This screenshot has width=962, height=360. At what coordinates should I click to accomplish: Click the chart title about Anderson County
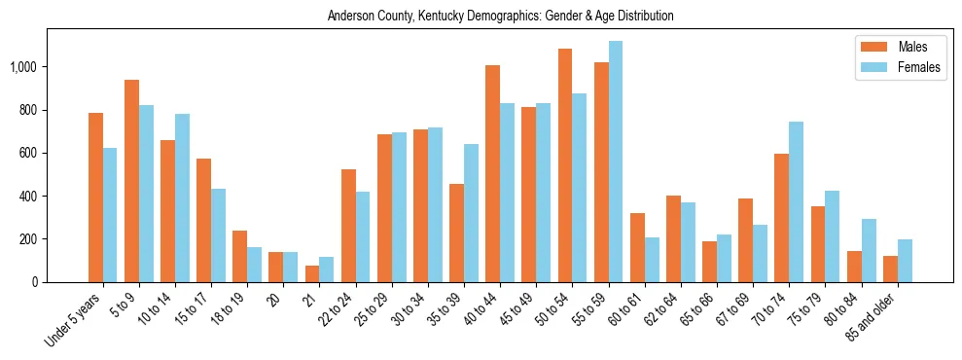(x=500, y=16)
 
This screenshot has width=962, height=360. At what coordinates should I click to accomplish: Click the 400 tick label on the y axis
(x=31, y=196)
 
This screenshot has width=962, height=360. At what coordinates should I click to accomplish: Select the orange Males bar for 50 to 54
(x=565, y=165)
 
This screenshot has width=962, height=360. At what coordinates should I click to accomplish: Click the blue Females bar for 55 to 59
(x=616, y=162)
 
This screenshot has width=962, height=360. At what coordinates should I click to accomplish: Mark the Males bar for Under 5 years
(x=95, y=198)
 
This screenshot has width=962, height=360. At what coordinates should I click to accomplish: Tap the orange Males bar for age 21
(x=312, y=273)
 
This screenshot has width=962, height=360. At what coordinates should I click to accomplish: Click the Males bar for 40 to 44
(x=493, y=174)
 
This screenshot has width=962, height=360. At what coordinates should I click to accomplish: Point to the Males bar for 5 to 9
(x=132, y=181)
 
